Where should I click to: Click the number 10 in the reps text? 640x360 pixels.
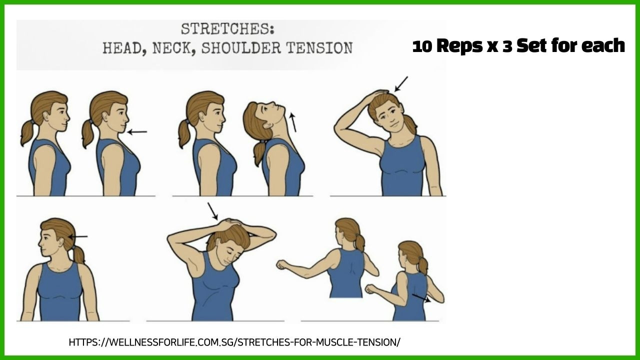coord(422,46)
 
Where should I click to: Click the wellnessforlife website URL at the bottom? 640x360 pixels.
coord(234,341)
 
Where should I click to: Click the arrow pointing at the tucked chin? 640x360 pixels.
coord(137,131)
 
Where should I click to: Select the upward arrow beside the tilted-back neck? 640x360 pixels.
coord(292,122)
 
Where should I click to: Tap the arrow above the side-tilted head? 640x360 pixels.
coord(401,84)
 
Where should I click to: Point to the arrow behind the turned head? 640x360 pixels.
coord(78,236)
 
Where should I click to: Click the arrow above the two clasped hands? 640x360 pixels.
coord(212,211)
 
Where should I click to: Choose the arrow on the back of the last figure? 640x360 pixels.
coord(421,298)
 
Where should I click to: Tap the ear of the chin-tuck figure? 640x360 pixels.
coord(103,117)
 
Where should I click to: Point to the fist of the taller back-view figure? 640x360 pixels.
coord(281,264)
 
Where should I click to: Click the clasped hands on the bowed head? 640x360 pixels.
coord(231,223)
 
